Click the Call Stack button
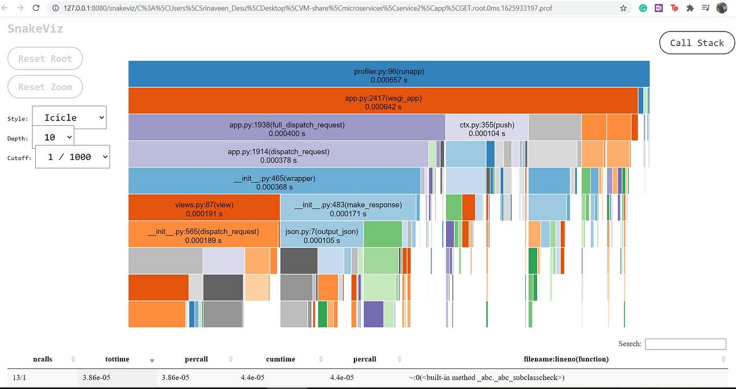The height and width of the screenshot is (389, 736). [x=696, y=43]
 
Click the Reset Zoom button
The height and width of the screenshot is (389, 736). [x=45, y=87]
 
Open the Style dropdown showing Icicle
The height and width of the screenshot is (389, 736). [x=69, y=118]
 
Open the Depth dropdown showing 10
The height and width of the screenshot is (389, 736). [x=53, y=137]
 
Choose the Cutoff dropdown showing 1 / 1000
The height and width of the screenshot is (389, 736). [x=73, y=157]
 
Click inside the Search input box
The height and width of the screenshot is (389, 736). [x=685, y=344]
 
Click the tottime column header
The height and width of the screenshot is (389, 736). [x=117, y=359]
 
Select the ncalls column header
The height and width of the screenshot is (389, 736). [x=42, y=359]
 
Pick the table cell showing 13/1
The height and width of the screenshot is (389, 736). [x=18, y=378]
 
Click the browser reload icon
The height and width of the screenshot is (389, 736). [x=36, y=8]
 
